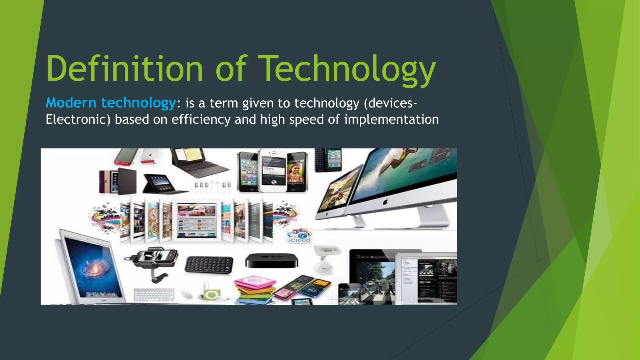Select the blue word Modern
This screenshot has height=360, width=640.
(x=71, y=103)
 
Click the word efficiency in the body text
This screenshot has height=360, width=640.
(x=201, y=120)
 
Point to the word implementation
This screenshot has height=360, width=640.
(x=391, y=120)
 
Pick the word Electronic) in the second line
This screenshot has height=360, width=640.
(x=78, y=120)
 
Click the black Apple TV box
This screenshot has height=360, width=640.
(x=271, y=260)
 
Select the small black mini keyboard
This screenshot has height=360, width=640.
(x=209, y=265)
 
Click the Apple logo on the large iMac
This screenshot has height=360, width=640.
(x=385, y=202)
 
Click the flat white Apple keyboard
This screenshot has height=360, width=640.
(x=154, y=295)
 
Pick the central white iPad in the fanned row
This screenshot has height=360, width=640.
(x=196, y=220)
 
